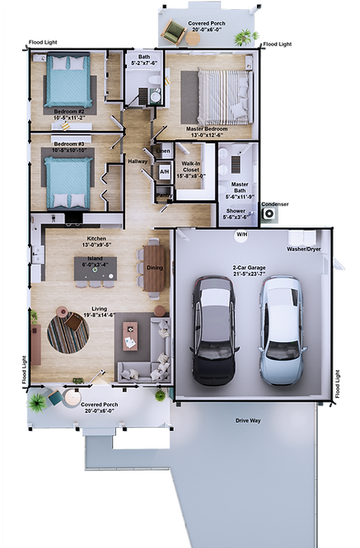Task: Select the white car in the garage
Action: click(x=282, y=326)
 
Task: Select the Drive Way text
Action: click(x=248, y=420)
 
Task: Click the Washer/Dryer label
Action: click(x=303, y=248)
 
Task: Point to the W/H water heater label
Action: click(x=241, y=235)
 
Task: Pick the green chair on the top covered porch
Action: click(x=175, y=32)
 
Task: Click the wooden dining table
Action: click(x=154, y=269)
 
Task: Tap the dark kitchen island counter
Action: click(x=97, y=267)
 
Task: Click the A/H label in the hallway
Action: click(x=164, y=171)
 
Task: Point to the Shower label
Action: click(x=236, y=214)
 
